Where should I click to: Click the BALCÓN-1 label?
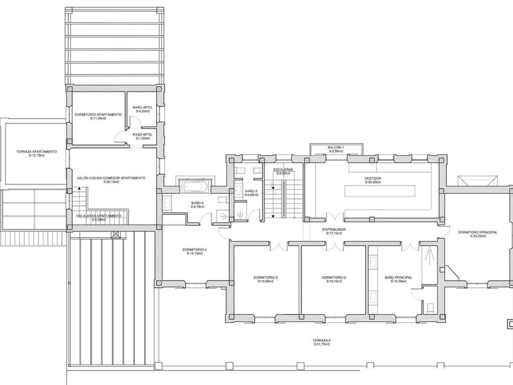coord(335,147)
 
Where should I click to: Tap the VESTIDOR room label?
coord(373,178)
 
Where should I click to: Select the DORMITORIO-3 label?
coord(267,277)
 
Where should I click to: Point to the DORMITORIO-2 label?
coord(333,277)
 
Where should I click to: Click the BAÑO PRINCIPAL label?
coord(398,277)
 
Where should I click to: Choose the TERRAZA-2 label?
coord(321,340)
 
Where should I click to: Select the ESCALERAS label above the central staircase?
coord(283,170)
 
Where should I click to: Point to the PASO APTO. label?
coord(143,134)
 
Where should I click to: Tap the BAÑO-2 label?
coord(251,191)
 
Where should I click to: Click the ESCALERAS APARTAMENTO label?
coord(98,216)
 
